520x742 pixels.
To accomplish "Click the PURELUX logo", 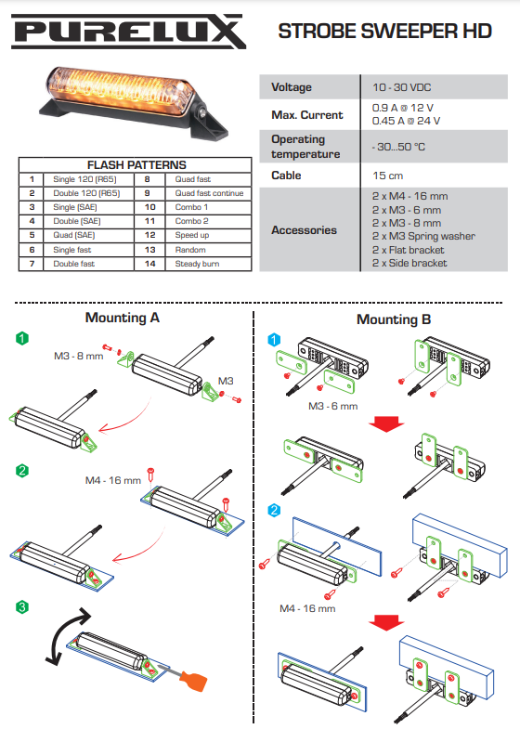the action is tap(129, 32).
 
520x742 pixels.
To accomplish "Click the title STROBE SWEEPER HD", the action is tap(385, 32).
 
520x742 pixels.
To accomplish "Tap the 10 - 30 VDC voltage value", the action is tap(402, 87).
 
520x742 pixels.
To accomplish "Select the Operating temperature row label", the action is tap(305, 147).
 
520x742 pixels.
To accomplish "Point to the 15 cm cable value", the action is tap(387, 176).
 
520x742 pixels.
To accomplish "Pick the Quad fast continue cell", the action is tap(209, 193).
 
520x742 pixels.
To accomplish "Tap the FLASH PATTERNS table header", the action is tap(136, 164).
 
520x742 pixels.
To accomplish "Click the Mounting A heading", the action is tap(122, 318).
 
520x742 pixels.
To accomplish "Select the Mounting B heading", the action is tap(394, 319).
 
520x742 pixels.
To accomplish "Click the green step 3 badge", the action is tap(22, 606).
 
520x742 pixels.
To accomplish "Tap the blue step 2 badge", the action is tap(274, 510).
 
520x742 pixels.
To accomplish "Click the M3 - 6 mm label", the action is tap(332, 406).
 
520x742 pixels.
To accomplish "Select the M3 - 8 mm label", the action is tap(79, 356).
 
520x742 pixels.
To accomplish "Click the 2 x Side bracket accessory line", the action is tap(409, 263).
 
